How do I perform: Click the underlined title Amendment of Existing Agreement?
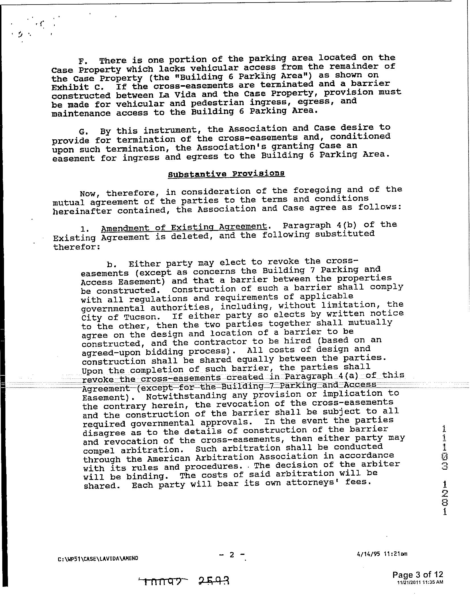point(184,227)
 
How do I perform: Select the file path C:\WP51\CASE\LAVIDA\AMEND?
point(98,558)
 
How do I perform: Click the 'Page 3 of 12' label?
point(418,574)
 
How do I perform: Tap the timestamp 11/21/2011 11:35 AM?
point(420,582)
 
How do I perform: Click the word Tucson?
point(144,317)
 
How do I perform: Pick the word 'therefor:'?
point(77,247)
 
